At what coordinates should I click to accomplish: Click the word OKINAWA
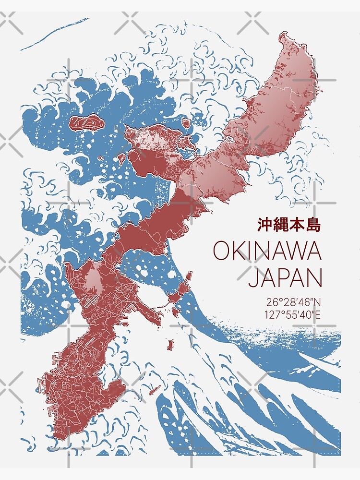click(x=267, y=251)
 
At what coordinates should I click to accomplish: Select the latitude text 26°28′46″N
click(x=293, y=303)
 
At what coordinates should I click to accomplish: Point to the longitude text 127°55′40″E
click(x=293, y=315)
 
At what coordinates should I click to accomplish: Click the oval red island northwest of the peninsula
click(x=86, y=123)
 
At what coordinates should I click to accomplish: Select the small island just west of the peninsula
click(x=121, y=157)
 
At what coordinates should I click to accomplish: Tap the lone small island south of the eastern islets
click(x=170, y=344)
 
